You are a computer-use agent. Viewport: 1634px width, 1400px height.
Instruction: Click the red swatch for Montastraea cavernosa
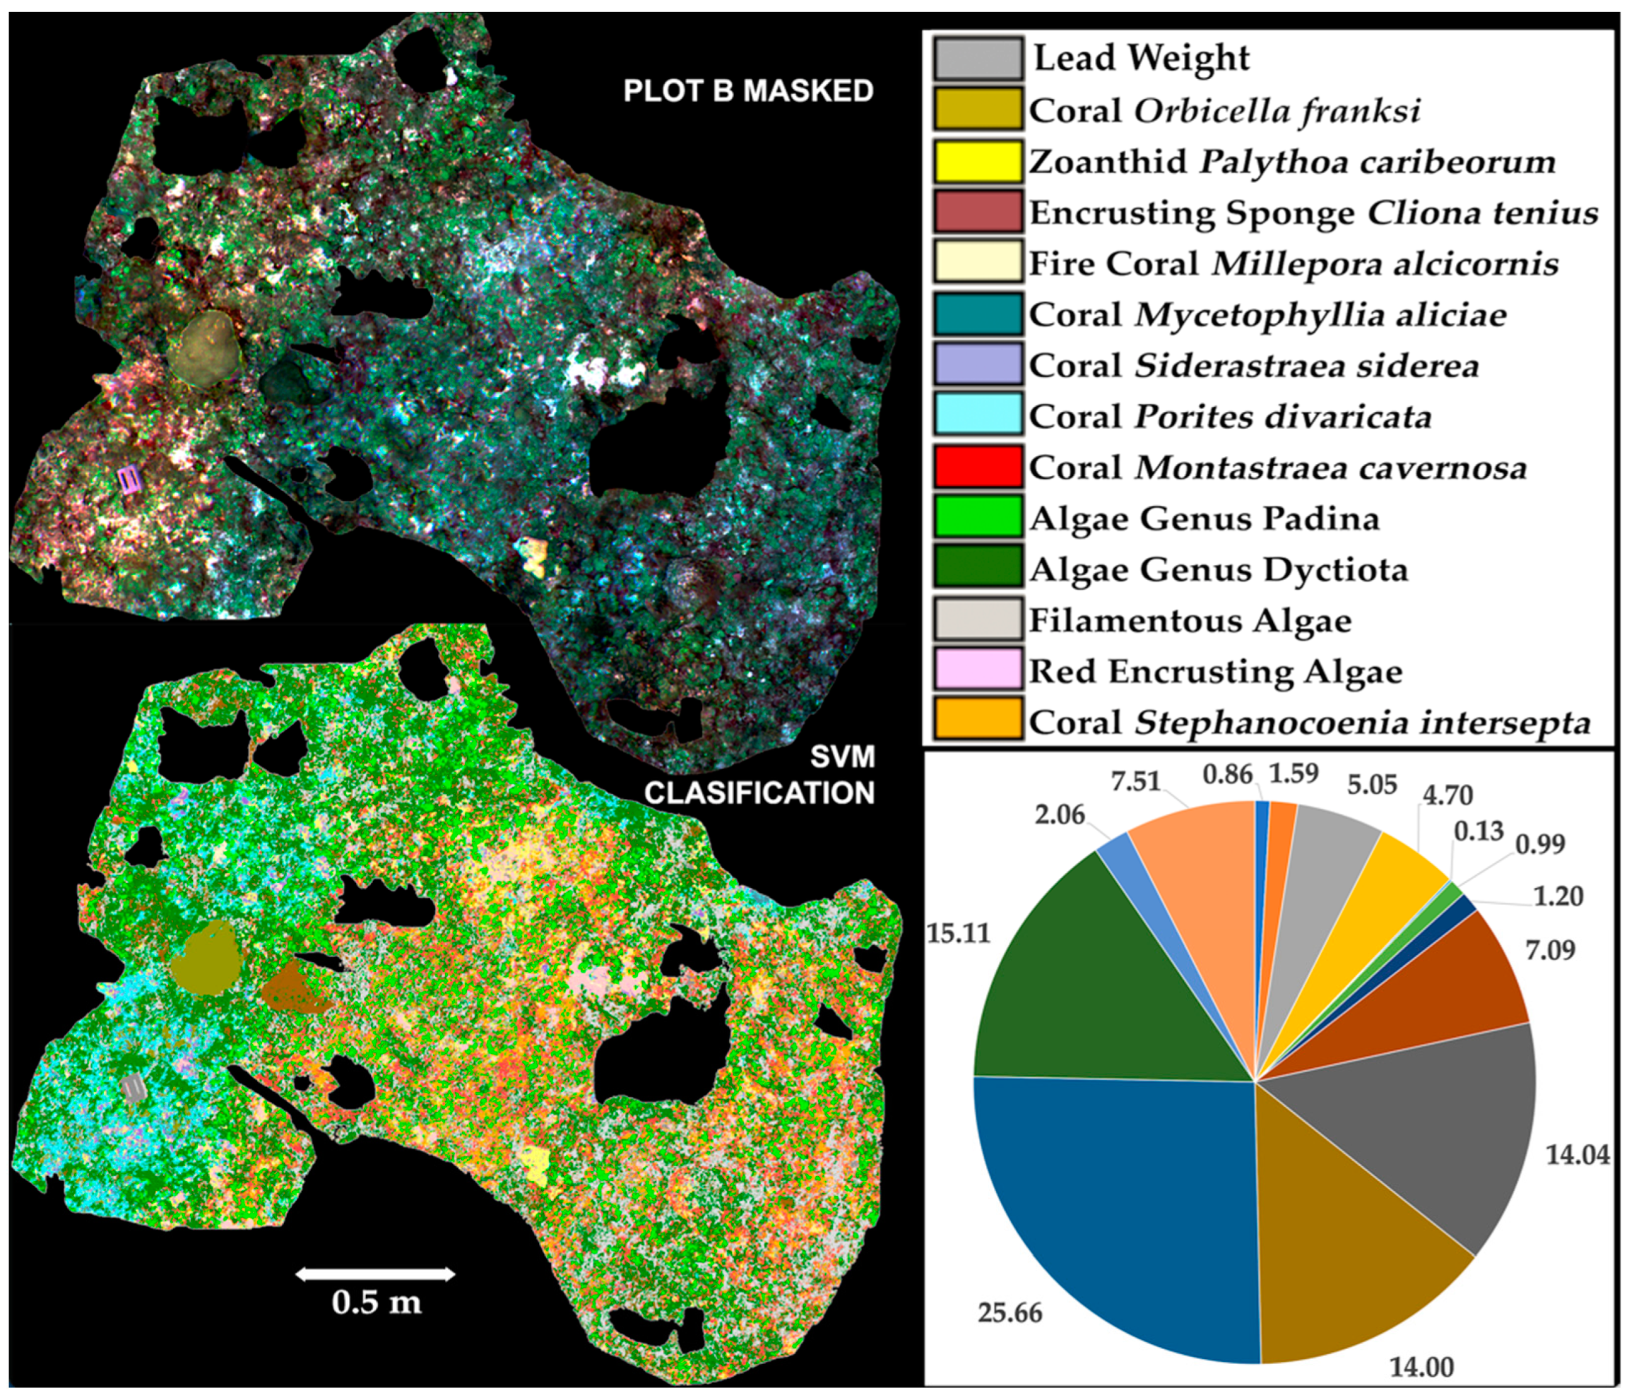(x=977, y=467)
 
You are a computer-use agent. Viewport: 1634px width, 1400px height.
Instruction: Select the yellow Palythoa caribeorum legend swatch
(x=977, y=162)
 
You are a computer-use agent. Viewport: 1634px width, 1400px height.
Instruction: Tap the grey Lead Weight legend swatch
(x=977, y=59)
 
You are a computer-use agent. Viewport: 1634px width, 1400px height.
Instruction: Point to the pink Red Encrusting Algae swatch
(x=977, y=670)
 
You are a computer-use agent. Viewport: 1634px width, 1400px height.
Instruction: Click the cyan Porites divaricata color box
(x=977, y=415)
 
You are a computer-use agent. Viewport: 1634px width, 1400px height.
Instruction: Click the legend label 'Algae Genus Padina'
(x=1204, y=519)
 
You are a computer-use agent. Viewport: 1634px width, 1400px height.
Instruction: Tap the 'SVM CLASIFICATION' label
(x=760, y=775)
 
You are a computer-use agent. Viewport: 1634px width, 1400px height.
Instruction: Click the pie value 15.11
(x=957, y=933)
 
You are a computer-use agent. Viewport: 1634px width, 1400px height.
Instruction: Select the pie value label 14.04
(x=1577, y=1155)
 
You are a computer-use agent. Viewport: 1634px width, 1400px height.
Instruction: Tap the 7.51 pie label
(x=1135, y=781)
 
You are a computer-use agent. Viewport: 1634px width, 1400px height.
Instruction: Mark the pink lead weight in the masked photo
(x=130, y=478)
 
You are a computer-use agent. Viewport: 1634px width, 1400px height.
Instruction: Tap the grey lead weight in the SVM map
(x=134, y=1088)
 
